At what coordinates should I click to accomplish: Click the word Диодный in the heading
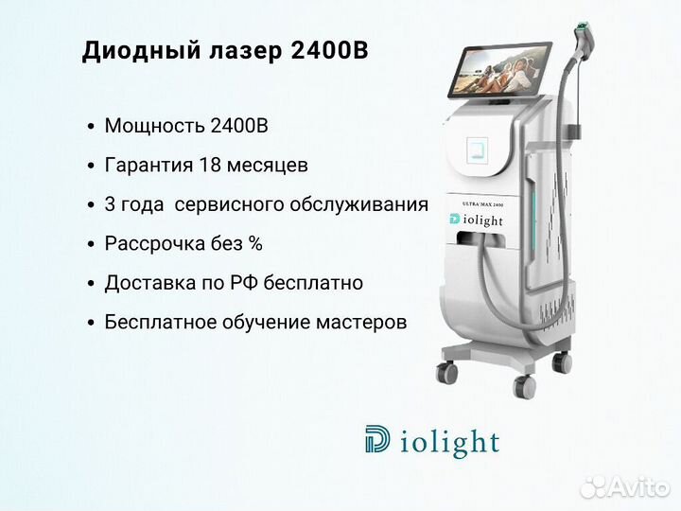[142, 51]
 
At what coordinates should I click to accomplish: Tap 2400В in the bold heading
[330, 50]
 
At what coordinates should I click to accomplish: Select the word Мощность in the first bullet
[154, 126]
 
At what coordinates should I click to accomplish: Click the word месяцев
[267, 166]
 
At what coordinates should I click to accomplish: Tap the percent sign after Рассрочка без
[255, 243]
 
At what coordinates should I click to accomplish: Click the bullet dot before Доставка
[91, 284]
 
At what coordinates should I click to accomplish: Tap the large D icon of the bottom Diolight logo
[377, 439]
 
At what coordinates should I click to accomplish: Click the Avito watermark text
[637, 488]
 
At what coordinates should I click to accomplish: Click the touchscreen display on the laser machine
[500, 70]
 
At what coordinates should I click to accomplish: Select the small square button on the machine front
[478, 150]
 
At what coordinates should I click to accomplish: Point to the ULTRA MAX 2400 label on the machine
[483, 203]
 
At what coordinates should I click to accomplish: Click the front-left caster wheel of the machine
[447, 373]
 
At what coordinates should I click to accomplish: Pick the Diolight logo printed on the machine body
[476, 220]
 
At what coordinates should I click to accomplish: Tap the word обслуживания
[359, 204]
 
